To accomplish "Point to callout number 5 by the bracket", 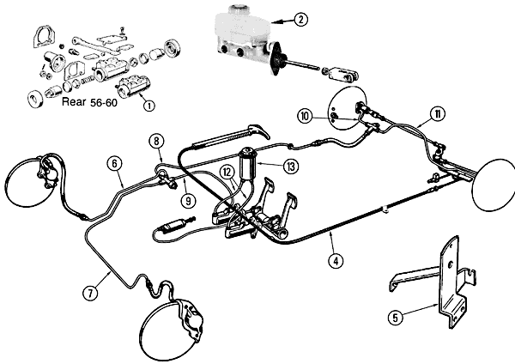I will (x=396, y=317).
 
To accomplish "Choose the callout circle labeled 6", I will (x=114, y=162).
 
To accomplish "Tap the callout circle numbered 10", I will (x=305, y=115).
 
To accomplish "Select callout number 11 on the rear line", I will (x=438, y=114).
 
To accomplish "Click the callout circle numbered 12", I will (x=227, y=173).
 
